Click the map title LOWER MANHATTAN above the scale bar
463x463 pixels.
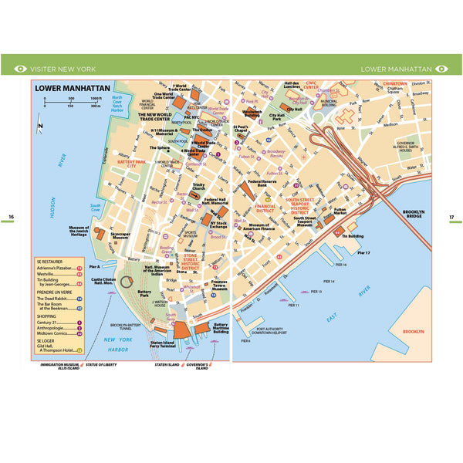(69, 88)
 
